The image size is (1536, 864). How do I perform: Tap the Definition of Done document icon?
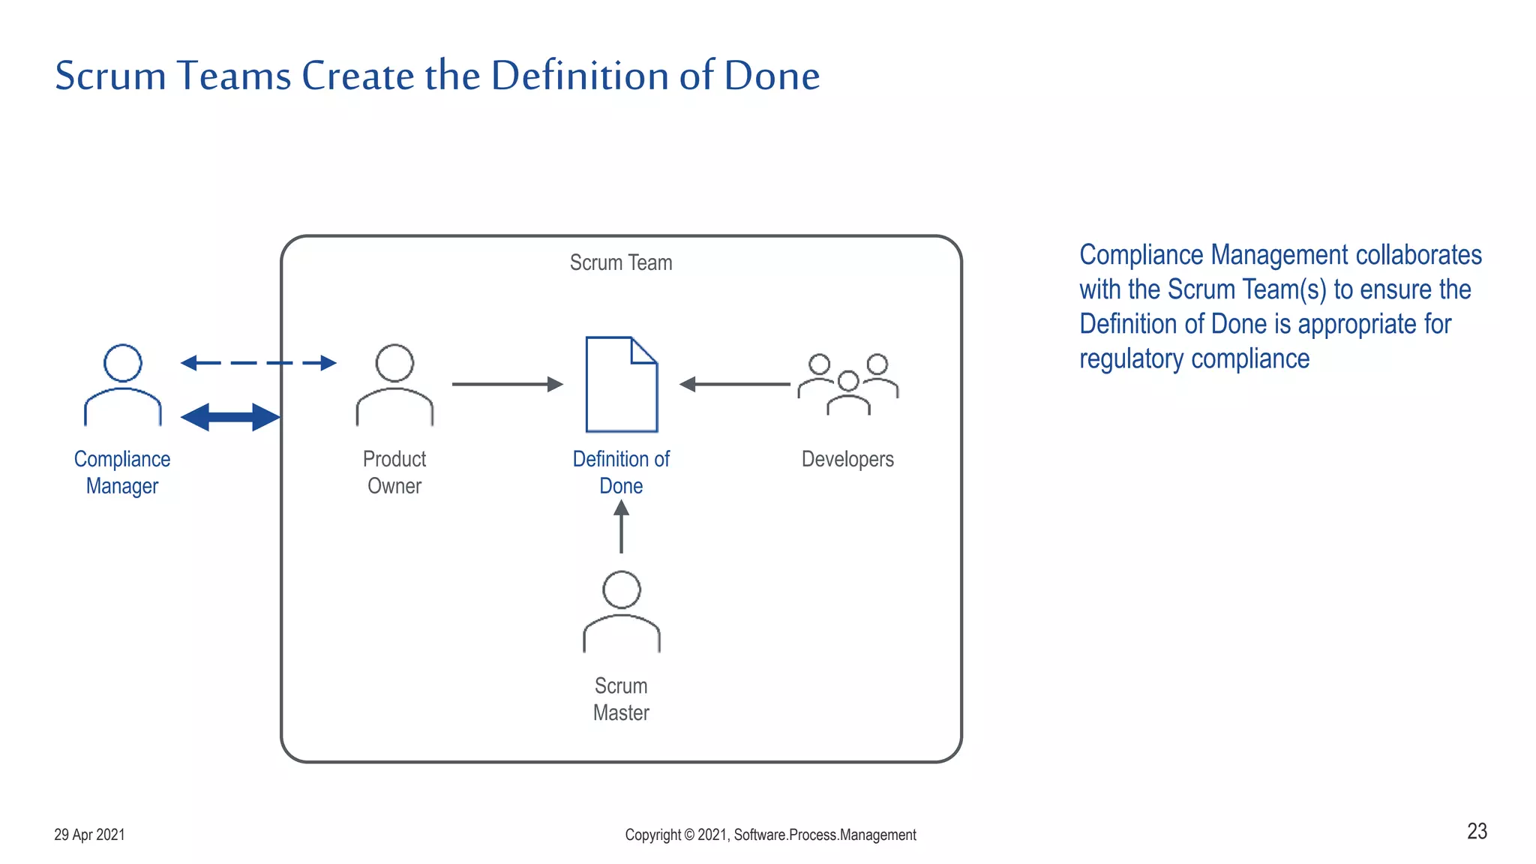tap(622, 385)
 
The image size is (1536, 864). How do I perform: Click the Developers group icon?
tap(848, 384)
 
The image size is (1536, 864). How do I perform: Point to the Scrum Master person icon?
tap(622, 611)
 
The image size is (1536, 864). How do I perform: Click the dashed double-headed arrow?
tap(259, 363)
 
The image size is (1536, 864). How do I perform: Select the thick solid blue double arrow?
tap(230, 417)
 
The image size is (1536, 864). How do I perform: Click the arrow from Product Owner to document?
tap(507, 384)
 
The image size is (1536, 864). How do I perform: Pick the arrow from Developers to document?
tap(734, 384)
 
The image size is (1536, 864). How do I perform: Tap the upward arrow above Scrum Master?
tap(621, 526)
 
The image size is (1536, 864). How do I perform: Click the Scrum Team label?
tap(621, 262)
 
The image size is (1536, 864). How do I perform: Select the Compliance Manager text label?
tap(122, 472)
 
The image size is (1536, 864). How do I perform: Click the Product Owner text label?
tap(394, 472)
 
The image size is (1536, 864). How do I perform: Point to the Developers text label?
tap(847, 459)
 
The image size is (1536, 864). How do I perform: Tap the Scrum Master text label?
tap(621, 699)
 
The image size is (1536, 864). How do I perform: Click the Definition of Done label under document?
tap(621, 472)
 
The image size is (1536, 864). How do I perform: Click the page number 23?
tap(1477, 831)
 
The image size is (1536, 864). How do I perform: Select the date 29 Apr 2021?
tap(89, 835)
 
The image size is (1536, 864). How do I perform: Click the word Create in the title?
tap(357, 76)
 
